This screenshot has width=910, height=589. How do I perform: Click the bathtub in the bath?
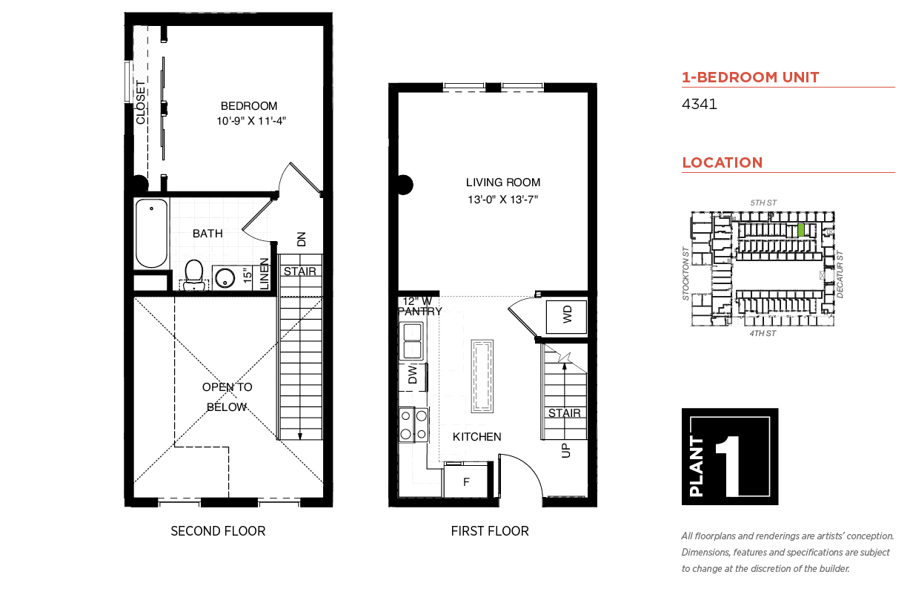(151, 233)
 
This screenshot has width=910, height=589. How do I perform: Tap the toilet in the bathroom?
(194, 274)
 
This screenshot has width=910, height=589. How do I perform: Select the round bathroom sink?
(225, 279)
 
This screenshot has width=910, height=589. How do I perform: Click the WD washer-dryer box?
(566, 317)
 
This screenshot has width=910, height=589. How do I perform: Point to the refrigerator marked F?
(466, 481)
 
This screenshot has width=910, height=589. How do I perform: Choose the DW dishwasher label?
(412, 374)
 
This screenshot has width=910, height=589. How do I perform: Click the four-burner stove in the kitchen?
(414, 424)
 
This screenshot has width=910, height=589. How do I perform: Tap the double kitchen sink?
(412, 341)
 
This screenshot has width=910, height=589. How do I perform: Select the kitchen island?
(482, 376)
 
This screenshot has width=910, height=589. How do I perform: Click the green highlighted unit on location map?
(801, 230)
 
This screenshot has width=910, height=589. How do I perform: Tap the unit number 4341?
(699, 104)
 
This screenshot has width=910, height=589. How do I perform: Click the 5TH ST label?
(763, 203)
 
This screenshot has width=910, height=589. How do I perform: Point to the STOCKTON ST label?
(685, 273)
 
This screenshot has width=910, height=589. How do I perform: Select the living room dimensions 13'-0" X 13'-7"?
(503, 200)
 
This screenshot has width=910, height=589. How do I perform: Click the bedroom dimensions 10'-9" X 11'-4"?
(251, 121)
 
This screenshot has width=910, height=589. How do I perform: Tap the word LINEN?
(264, 274)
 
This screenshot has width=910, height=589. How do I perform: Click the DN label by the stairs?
(302, 239)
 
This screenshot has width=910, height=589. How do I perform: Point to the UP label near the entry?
(565, 450)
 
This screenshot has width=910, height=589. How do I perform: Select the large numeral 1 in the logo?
(729, 466)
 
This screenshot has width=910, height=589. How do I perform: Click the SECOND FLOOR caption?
(218, 531)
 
